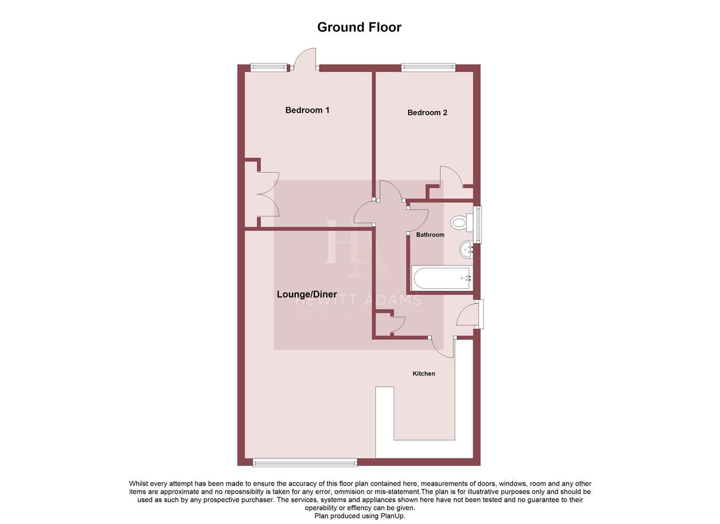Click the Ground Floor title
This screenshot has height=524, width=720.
[359, 27]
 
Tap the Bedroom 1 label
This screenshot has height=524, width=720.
[307, 110]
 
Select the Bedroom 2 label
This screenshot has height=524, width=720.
[427, 113]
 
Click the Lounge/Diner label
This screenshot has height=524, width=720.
[306, 294]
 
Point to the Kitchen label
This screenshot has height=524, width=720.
[423, 374]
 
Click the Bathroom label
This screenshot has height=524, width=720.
[430, 235]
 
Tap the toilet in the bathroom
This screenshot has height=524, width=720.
[460, 223]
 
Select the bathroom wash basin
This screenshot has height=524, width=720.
[466, 249]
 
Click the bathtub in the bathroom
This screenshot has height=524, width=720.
[441, 278]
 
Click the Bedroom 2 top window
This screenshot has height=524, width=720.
[428, 68]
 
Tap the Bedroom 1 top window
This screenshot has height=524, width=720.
[268, 68]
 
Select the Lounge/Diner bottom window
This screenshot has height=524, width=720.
[305, 463]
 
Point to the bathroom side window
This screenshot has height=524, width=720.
[478, 225]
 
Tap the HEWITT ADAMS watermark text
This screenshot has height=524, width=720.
[358, 300]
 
